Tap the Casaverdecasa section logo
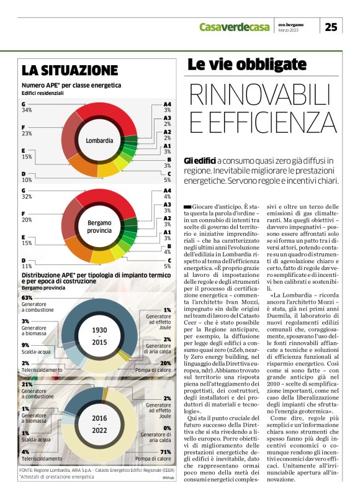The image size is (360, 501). (235, 26)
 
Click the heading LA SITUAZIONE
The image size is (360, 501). (70, 70)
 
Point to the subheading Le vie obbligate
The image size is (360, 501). (247, 64)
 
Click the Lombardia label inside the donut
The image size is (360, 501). (99, 140)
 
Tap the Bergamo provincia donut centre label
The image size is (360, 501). (99, 226)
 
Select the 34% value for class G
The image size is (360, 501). (27, 110)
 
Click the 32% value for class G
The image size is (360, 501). (27, 196)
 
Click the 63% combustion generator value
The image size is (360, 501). (27, 298)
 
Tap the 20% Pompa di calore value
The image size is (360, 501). (166, 363)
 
